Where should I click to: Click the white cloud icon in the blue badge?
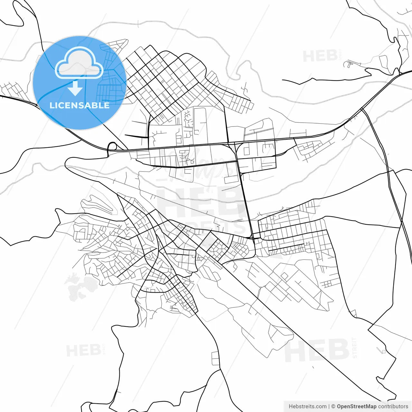[79, 63]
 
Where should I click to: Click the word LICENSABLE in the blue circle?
[79, 105]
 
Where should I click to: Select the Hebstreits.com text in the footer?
[307, 407]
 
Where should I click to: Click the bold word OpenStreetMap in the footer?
[356, 407]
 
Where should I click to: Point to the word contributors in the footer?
[393, 407]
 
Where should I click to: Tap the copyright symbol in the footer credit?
[333, 407]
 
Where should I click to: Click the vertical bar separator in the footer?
[329, 407]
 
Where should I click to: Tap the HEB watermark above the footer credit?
[317, 350]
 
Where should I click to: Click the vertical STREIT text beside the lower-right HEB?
[355, 348]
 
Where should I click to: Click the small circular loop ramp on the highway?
[112, 147]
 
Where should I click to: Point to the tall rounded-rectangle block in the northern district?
[200, 121]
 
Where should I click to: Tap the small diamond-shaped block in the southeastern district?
[284, 276]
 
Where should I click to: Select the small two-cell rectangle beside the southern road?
[215, 358]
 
